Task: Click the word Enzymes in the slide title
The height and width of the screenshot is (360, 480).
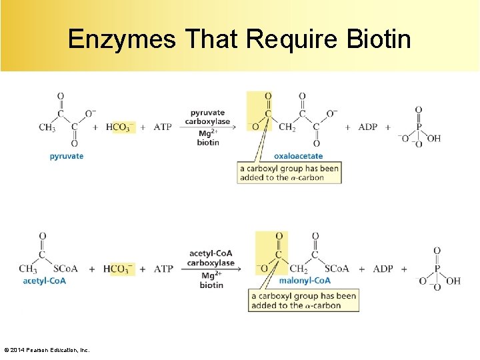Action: (x=122, y=39)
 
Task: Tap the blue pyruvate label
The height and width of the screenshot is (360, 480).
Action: (x=67, y=156)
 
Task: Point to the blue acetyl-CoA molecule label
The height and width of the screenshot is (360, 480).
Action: (x=45, y=281)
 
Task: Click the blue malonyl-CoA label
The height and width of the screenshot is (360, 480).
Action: (x=305, y=281)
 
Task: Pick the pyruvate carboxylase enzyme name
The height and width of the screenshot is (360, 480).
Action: (x=207, y=117)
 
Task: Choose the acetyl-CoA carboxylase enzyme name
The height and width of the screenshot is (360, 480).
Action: (x=211, y=258)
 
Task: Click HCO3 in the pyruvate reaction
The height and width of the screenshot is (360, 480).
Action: (x=120, y=127)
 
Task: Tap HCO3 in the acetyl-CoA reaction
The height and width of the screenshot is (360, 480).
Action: (x=119, y=269)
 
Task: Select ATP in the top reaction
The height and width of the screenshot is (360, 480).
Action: (x=163, y=127)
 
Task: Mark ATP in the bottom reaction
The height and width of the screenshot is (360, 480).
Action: (x=164, y=269)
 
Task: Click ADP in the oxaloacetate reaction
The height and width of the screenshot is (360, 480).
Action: (x=368, y=127)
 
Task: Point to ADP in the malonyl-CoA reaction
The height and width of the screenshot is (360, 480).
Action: (x=383, y=269)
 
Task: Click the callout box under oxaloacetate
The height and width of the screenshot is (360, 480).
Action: (x=289, y=173)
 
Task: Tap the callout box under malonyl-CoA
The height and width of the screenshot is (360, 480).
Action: (x=304, y=301)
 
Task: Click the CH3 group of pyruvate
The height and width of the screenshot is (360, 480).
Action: (x=47, y=127)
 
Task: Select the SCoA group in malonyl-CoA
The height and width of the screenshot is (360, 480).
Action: (x=337, y=269)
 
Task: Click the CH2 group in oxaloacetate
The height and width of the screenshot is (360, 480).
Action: (x=287, y=127)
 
